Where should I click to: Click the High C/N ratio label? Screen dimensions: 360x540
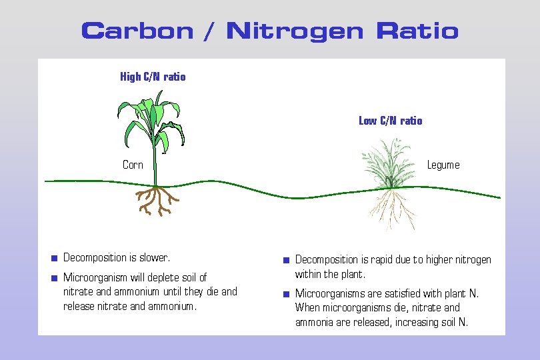pos(153,77)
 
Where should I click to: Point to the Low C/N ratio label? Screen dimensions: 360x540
pos(390,121)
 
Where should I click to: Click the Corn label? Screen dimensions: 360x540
pos(133,165)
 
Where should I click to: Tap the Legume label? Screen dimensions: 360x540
pos(443,165)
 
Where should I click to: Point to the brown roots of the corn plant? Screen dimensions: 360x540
pos(155,199)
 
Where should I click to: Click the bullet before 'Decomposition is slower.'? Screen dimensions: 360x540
pos(54,258)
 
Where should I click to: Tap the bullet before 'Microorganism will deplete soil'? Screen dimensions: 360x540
pos(54,277)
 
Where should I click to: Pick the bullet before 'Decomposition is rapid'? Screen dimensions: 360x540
pos(285,260)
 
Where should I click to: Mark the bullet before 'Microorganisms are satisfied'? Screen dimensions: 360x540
pos(285,293)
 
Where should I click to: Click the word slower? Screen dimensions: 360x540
pos(154,257)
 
